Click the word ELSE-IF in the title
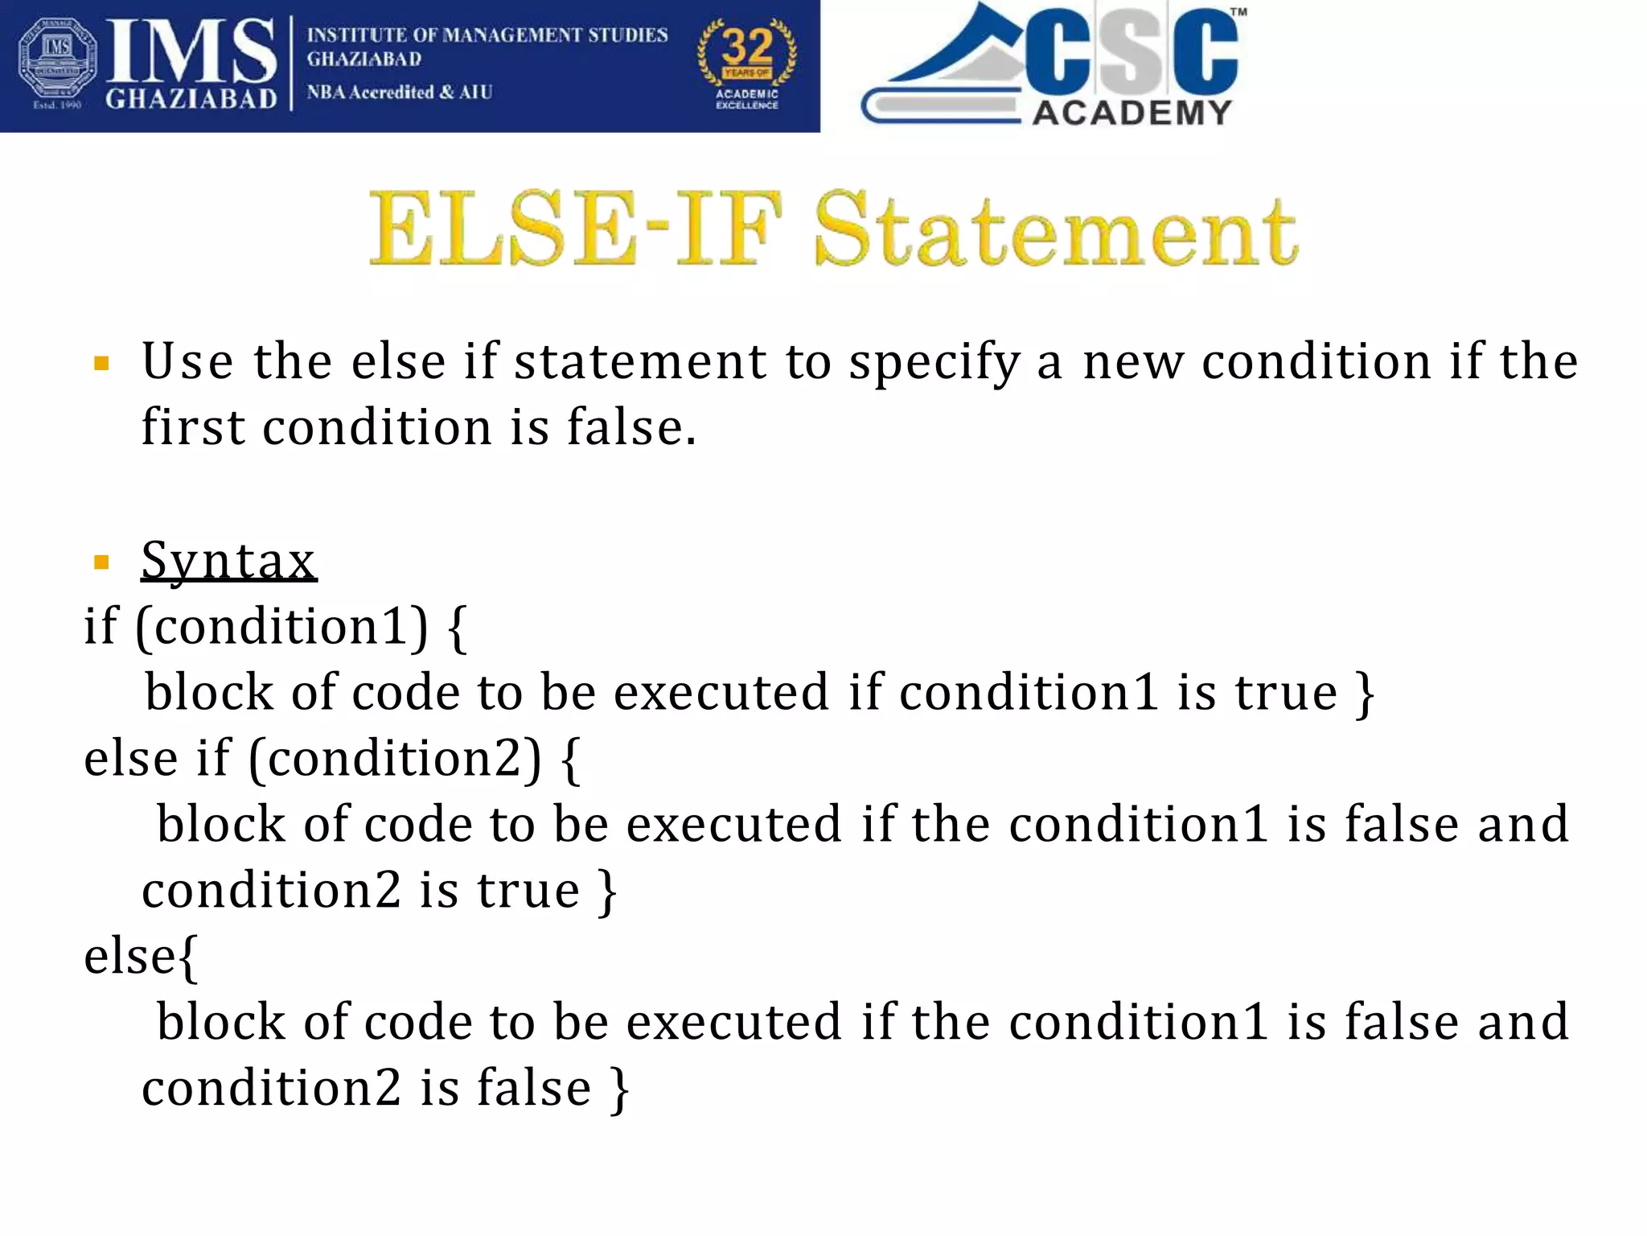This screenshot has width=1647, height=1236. pyautogui.click(x=574, y=229)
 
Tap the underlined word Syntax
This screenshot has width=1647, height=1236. pyautogui.click(x=228, y=560)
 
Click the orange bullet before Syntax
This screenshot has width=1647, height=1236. pyautogui.click(x=101, y=562)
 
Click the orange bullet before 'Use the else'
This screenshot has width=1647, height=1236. pyautogui.click(x=101, y=364)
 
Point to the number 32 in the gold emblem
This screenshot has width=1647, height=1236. pyautogui.click(x=747, y=47)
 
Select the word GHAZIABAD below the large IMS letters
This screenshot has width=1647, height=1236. pyautogui.click(x=191, y=99)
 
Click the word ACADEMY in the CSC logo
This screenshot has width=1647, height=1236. pyautogui.click(x=1132, y=113)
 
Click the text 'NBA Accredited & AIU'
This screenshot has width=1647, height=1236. pyautogui.click(x=399, y=93)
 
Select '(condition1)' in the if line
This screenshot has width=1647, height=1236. pyautogui.click(x=281, y=626)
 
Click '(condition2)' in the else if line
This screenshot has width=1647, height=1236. pyautogui.click(x=395, y=758)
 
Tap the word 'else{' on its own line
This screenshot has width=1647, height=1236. pyautogui.click(x=142, y=956)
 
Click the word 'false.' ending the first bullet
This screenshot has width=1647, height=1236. pyautogui.click(x=631, y=426)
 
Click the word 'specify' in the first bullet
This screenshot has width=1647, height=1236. pyautogui.click(x=934, y=362)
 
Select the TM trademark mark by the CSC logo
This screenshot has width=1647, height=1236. pyautogui.click(x=1238, y=13)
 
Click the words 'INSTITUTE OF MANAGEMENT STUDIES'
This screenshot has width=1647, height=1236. pyautogui.click(x=487, y=35)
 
